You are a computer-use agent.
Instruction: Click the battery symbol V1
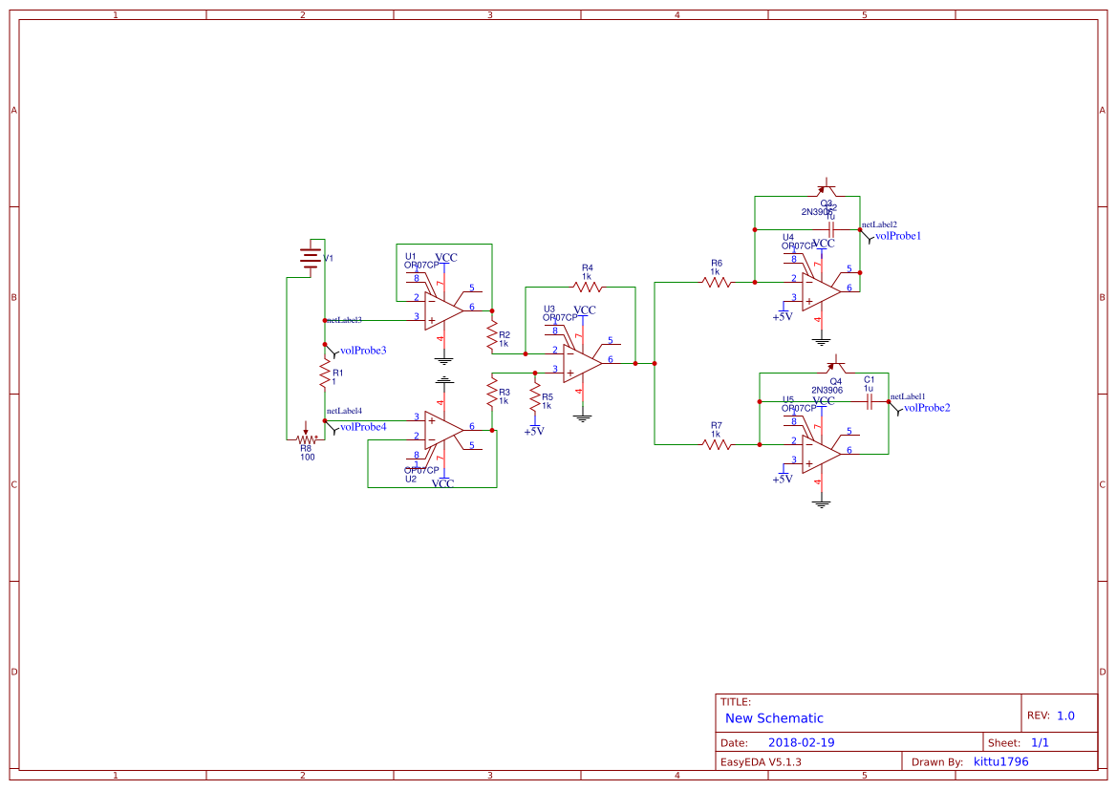pyautogui.click(x=310, y=258)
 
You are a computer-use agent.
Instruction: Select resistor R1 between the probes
pyautogui.click(x=325, y=374)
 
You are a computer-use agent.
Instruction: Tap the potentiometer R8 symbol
pyautogui.click(x=306, y=438)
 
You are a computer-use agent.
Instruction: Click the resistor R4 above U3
pyautogui.click(x=588, y=286)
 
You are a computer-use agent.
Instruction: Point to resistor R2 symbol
pyautogui.click(x=492, y=336)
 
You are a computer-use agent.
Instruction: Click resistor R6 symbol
pyautogui.click(x=717, y=282)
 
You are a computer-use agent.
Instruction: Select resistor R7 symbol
pyautogui.click(x=717, y=444)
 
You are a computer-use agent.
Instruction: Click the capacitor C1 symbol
pyautogui.click(x=870, y=403)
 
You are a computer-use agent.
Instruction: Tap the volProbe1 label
pyautogui.click(x=898, y=235)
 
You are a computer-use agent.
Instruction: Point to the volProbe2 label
pyautogui.click(x=926, y=408)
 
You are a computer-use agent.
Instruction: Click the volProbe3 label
pyautogui.click(x=363, y=351)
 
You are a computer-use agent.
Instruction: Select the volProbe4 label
pyautogui.click(x=363, y=427)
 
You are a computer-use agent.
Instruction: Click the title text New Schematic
pyautogui.click(x=774, y=718)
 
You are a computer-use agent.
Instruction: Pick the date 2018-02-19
pyautogui.click(x=802, y=742)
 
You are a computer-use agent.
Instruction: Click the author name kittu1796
pyautogui.click(x=1000, y=761)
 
